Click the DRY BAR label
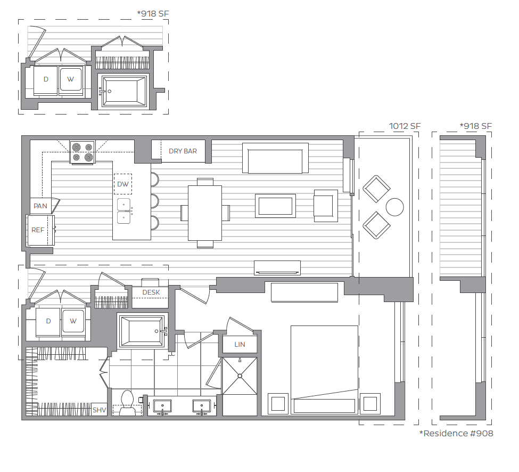coord(183,151)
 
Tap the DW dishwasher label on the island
coord(123,184)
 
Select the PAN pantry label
coord(40,206)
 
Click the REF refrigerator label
coord(38,230)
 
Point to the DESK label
coord(151,292)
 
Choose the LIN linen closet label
coord(240,345)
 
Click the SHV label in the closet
coord(99,410)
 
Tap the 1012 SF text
coord(405,126)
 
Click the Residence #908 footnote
coord(456,434)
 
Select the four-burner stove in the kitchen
coord(83,152)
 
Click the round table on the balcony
coord(394,207)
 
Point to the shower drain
coord(240,376)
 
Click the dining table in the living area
coord(205,213)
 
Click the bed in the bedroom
coord(324,369)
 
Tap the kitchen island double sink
coord(123,211)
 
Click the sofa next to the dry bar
coord(275,158)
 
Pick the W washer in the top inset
coord(70,80)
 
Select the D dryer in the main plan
coord(48,322)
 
